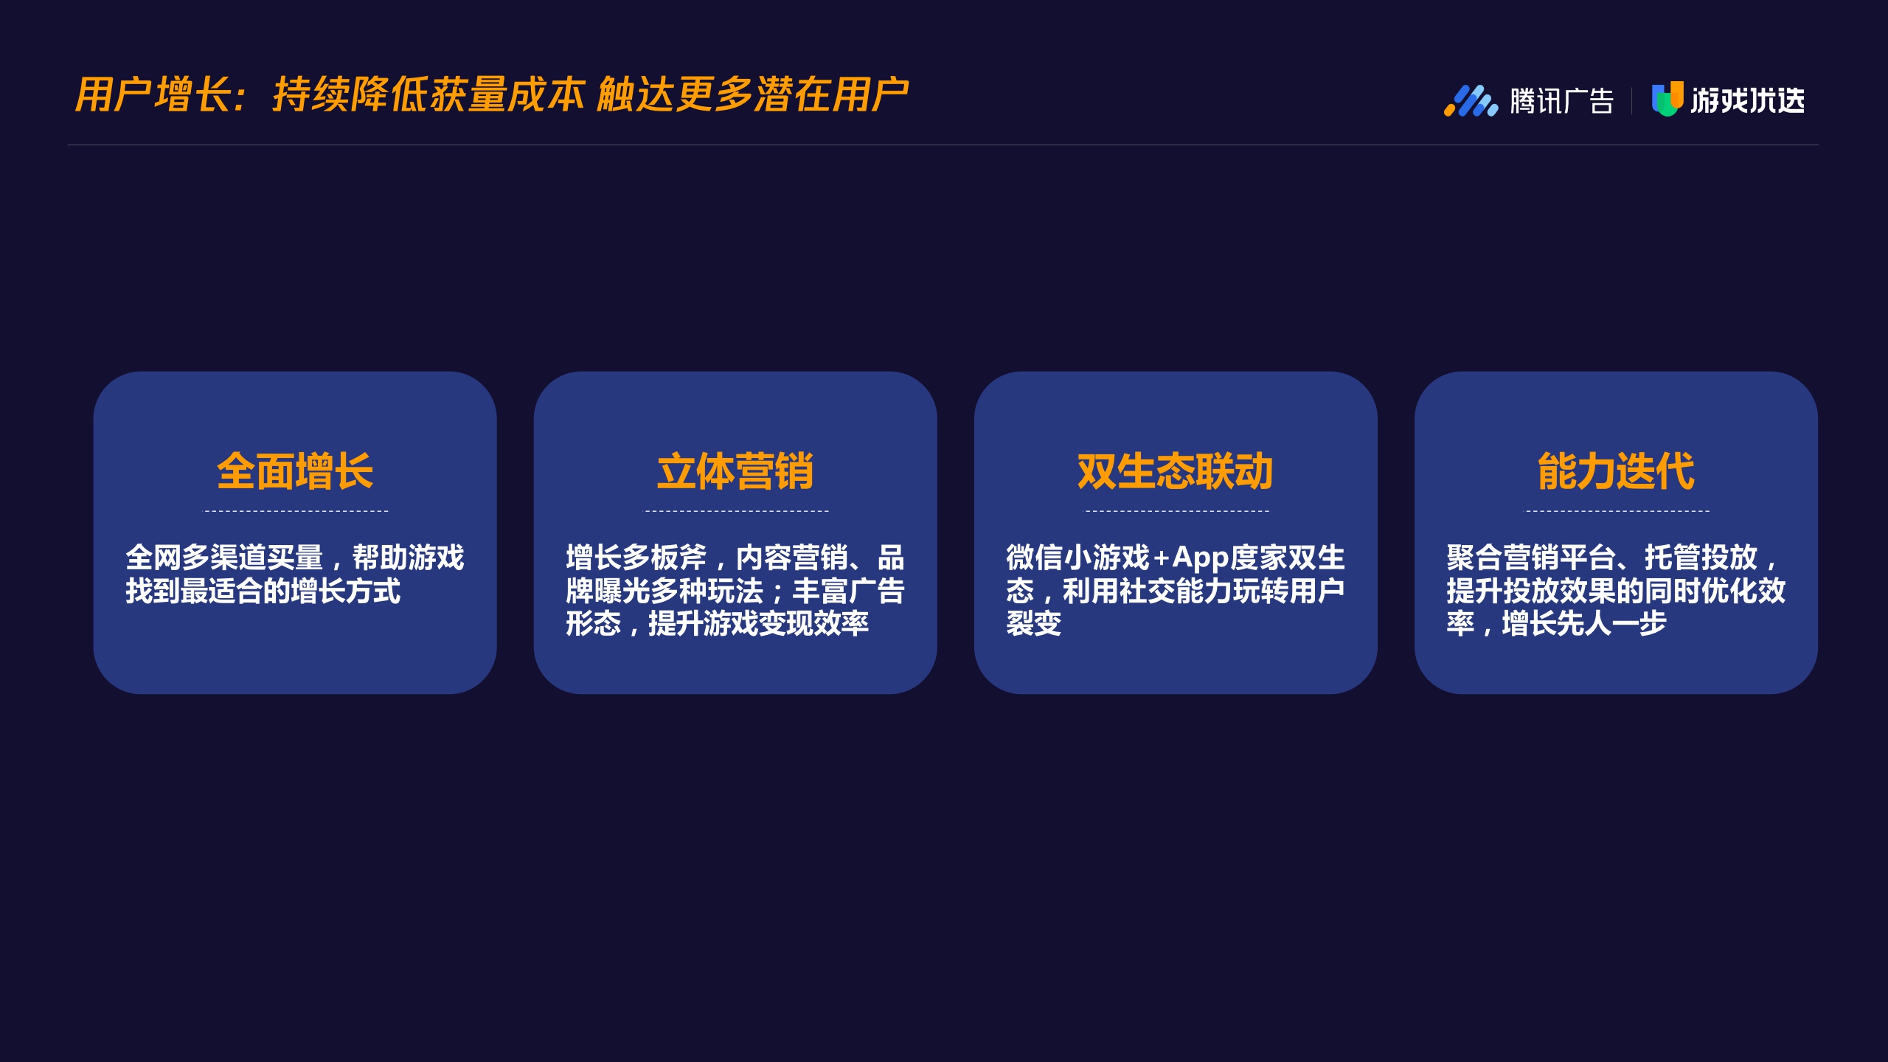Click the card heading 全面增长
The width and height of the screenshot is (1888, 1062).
click(x=295, y=471)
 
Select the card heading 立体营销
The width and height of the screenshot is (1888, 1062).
click(x=735, y=471)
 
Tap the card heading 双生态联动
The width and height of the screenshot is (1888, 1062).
click(x=1175, y=471)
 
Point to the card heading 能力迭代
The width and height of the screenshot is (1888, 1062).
click(x=1616, y=471)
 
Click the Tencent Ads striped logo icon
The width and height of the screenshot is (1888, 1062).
click(x=1471, y=101)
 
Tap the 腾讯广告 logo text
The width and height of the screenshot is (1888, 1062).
click(x=1561, y=101)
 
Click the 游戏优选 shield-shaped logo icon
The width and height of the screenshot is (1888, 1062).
click(x=1667, y=99)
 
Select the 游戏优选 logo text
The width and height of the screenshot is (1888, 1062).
click(x=1747, y=100)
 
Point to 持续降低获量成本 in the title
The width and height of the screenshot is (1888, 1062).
click(x=428, y=95)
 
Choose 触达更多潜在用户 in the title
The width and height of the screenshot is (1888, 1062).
click(x=752, y=95)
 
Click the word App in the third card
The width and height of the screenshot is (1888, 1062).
click(x=1200, y=558)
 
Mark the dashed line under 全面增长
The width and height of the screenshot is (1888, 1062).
click(x=295, y=510)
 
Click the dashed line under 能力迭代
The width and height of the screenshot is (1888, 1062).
click(x=1617, y=510)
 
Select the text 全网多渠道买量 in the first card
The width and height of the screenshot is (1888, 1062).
click(x=224, y=558)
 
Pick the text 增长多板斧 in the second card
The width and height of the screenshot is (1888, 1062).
click(x=636, y=558)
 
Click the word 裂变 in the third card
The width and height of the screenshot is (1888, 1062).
click(x=1034, y=624)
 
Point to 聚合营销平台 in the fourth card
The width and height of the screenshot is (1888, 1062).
click(x=1530, y=558)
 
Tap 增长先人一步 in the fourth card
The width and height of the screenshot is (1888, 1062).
click(x=1584, y=624)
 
